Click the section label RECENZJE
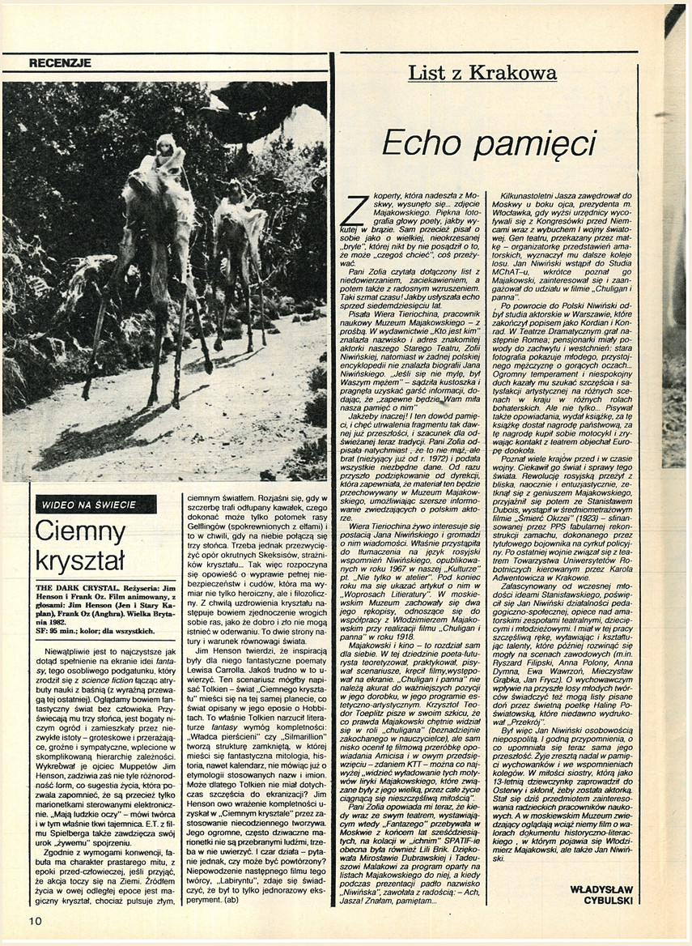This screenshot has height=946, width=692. (x=60, y=62)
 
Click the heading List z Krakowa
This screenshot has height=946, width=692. (x=482, y=74)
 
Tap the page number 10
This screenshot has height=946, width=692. (x=35, y=921)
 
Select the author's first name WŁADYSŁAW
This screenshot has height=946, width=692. (x=598, y=888)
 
